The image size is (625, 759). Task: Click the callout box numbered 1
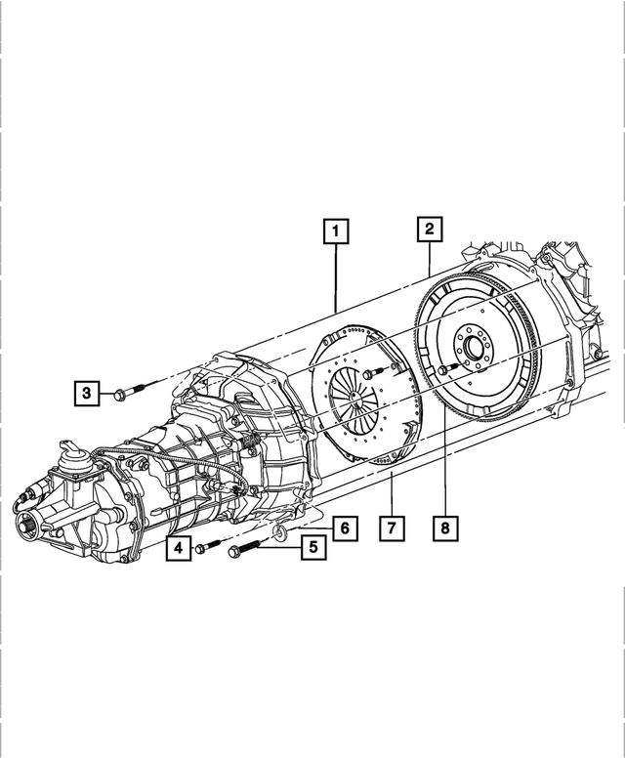(x=335, y=232)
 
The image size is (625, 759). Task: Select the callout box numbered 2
(x=428, y=230)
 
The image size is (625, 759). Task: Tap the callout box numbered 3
(x=87, y=394)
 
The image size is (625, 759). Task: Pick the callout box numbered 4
(x=179, y=550)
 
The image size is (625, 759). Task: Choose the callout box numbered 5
(x=312, y=547)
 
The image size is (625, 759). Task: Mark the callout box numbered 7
(x=391, y=528)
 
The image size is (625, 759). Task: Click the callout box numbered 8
(x=444, y=528)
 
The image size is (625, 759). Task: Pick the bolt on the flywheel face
(x=446, y=369)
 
